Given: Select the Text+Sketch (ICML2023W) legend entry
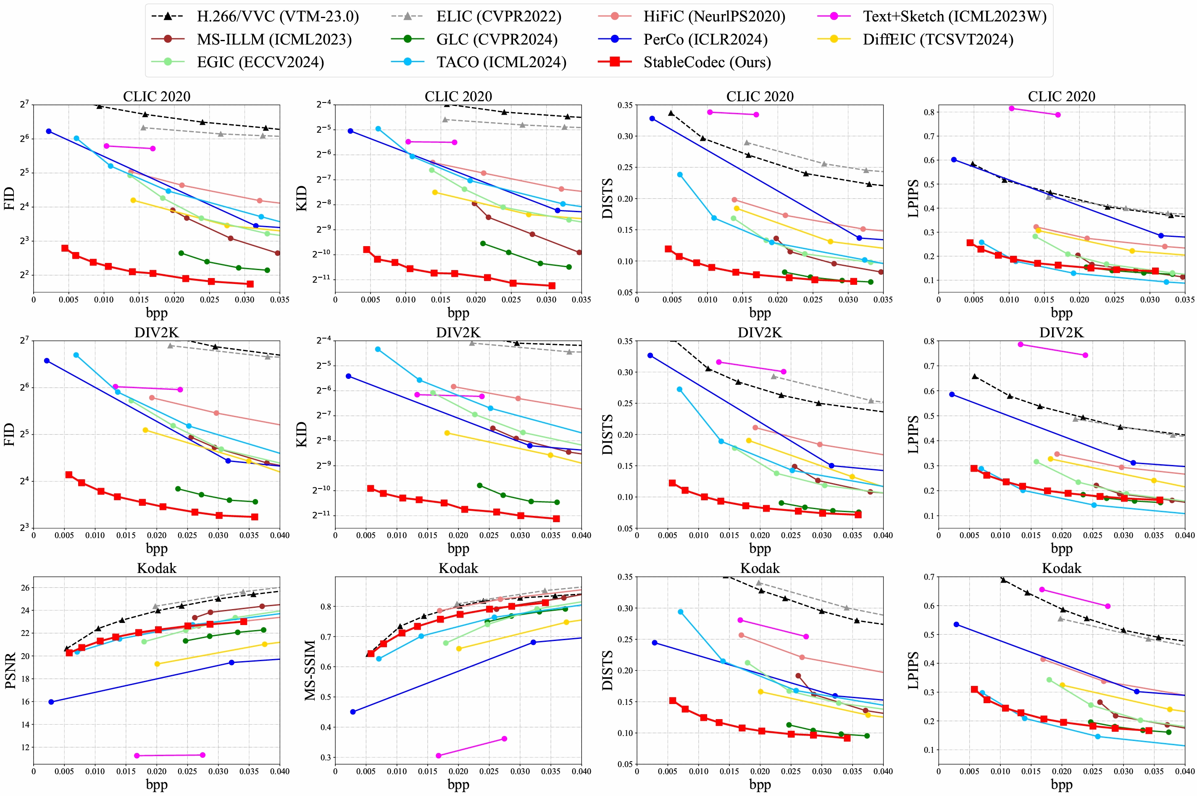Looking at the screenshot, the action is [x=932, y=16].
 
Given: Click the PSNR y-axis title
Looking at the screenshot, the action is [x=10, y=670].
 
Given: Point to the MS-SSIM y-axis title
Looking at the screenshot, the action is [x=310, y=670].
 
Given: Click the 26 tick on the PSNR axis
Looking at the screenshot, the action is [x=25, y=587].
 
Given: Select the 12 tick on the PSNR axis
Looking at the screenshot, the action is [x=25, y=747].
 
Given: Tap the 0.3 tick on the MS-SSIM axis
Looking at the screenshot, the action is [x=325, y=757].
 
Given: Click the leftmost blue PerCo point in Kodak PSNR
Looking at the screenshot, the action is [x=51, y=702].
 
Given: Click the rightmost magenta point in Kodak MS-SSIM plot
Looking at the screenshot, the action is [x=504, y=738].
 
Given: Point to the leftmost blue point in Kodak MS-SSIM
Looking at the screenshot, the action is [x=353, y=712].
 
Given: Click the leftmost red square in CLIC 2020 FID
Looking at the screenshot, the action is [x=65, y=248].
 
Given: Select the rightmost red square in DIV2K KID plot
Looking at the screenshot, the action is [x=556, y=519].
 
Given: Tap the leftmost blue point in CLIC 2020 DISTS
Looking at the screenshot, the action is [x=652, y=118].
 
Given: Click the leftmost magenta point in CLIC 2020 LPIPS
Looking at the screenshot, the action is [x=1012, y=108].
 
